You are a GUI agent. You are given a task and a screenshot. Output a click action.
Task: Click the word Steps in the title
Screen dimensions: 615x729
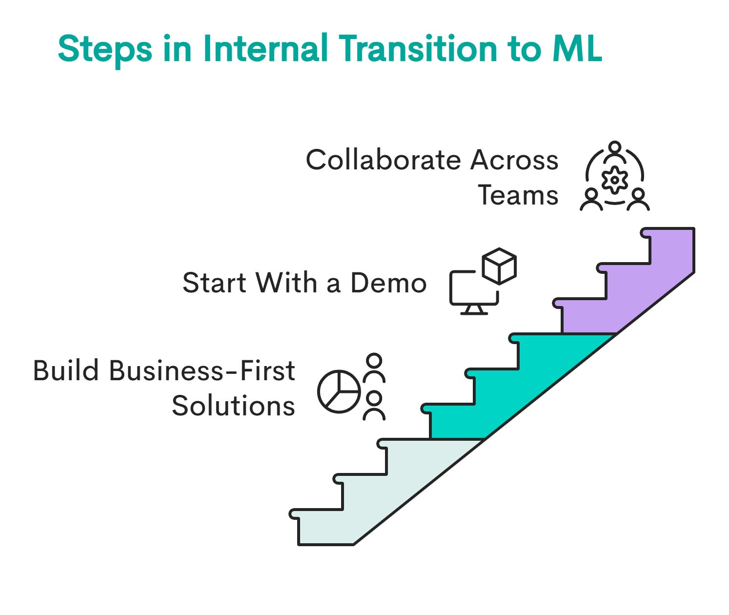click(x=105, y=50)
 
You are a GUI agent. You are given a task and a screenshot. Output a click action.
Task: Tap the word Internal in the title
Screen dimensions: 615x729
click(x=265, y=49)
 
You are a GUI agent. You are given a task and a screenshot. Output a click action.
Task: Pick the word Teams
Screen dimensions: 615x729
click(x=518, y=195)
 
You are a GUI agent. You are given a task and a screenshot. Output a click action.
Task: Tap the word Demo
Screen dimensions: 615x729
click(x=388, y=283)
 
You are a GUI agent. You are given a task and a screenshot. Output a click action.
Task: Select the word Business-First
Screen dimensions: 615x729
click(x=202, y=371)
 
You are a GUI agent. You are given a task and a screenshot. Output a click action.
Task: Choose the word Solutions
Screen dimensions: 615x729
click(x=233, y=406)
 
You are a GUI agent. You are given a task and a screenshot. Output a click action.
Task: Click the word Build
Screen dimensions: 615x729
click(x=65, y=371)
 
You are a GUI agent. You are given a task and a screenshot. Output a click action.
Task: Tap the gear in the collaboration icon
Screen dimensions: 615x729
click(x=615, y=180)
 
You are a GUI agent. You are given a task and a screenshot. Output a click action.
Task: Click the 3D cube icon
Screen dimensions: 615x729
click(x=499, y=266)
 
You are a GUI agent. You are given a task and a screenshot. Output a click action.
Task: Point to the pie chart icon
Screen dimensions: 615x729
click(x=339, y=391)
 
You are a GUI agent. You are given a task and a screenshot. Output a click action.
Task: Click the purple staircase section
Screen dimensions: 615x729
click(x=634, y=288)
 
